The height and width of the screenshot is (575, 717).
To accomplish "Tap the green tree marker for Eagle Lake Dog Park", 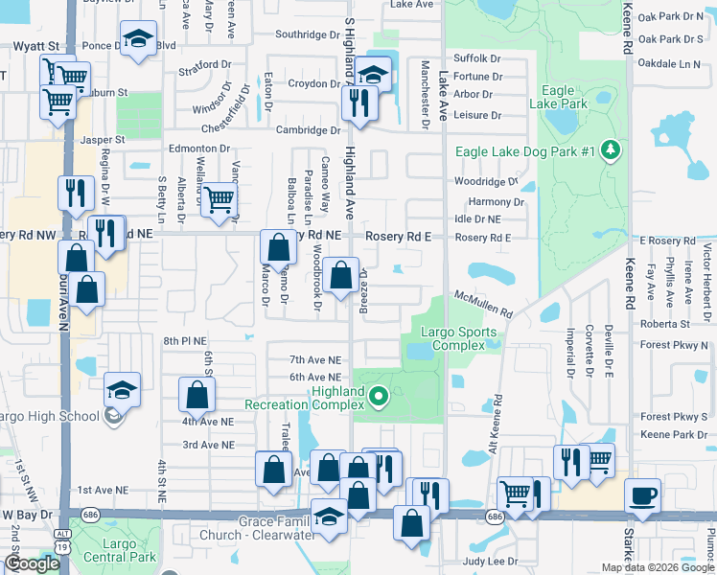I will point(608,150).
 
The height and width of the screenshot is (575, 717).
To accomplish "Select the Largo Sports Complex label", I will point(460,339).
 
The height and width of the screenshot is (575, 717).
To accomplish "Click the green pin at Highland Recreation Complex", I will point(378,394).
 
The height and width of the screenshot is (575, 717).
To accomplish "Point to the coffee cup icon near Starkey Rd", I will point(642,496).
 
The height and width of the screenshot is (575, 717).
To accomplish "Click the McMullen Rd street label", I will point(484,306).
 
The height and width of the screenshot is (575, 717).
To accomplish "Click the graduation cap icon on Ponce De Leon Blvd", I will point(138,39).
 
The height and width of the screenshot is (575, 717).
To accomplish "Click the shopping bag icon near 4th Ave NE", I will point(197,394).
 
